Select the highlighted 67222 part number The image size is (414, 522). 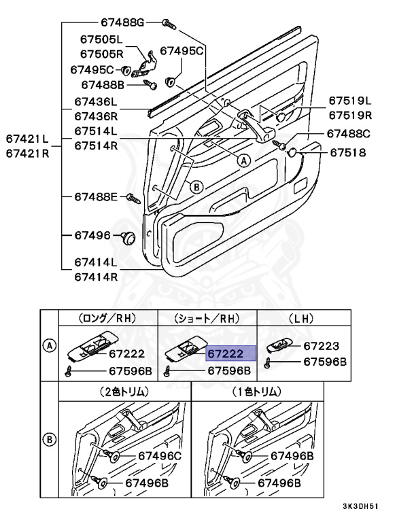coord(230,353)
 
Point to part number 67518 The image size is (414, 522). coord(348,152)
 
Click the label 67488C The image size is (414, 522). coord(348,134)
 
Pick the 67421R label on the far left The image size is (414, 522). coord(28,153)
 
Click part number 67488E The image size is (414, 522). coord(97,197)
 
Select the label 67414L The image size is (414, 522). coord(96,262)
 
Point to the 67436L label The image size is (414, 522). coord(96,100)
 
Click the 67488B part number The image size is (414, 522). coord(103,85)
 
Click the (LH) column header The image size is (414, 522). coord(296,317)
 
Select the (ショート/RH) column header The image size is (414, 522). coord(207,317)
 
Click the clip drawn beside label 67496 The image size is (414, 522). coord(127,238)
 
